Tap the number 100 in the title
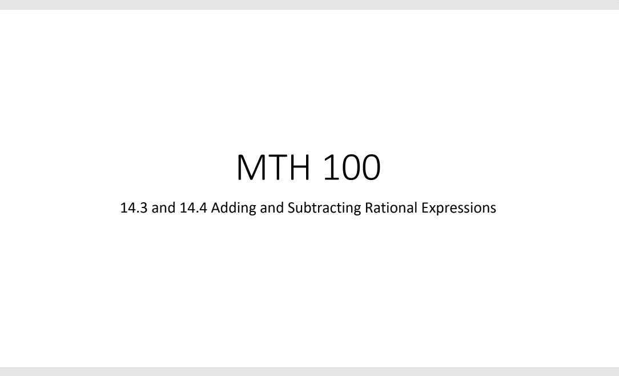[351, 167]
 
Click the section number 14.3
[134, 208]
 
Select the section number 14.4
[194, 208]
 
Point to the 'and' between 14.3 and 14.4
[163, 208]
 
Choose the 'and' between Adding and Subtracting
[272, 208]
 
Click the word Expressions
[459, 208]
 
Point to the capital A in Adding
[215, 208]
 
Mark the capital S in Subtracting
[291, 208]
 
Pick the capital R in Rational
[369, 208]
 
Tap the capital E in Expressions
[424, 208]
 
